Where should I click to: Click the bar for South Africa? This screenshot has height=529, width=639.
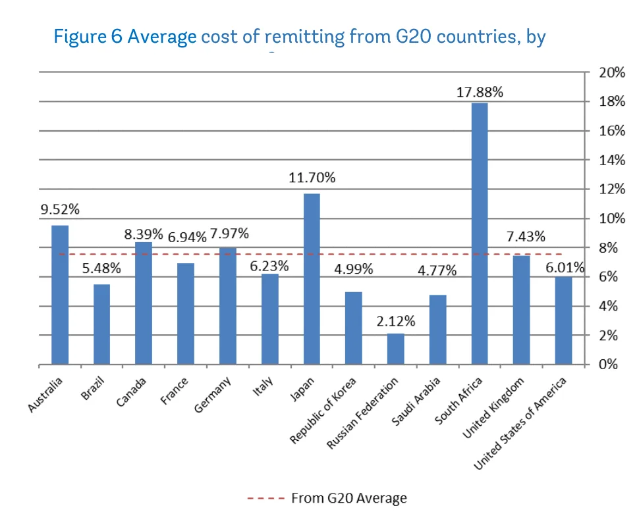[479, 234]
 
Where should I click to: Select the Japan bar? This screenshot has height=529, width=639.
[312, 279]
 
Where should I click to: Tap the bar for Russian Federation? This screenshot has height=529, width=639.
[395, 349]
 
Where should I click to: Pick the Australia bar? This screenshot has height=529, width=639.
[60, 295]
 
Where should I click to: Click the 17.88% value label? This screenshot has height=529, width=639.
[480, 93]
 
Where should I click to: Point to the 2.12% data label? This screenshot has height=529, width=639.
[395, 322]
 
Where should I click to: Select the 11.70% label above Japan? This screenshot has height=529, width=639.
[312, 178]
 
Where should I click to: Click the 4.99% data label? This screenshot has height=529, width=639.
[354, 269]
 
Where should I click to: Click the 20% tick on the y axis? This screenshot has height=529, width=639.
[611, 73]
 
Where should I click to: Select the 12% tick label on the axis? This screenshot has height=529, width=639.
[611, 189]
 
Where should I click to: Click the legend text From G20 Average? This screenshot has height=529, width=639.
[348, 498]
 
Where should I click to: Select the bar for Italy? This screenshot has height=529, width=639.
[269, 319]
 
